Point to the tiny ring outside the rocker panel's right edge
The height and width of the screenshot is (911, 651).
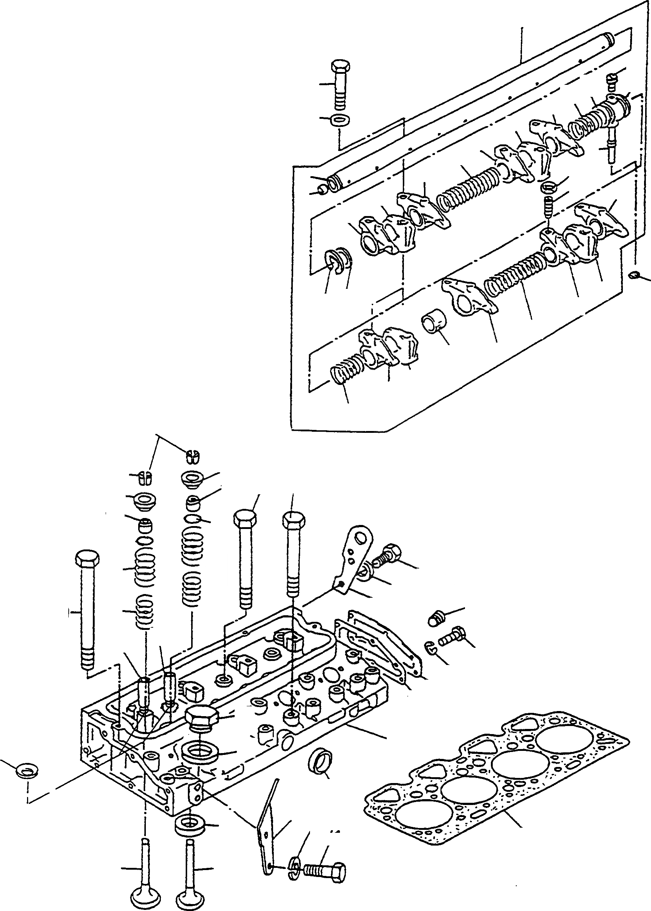(633, 275)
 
